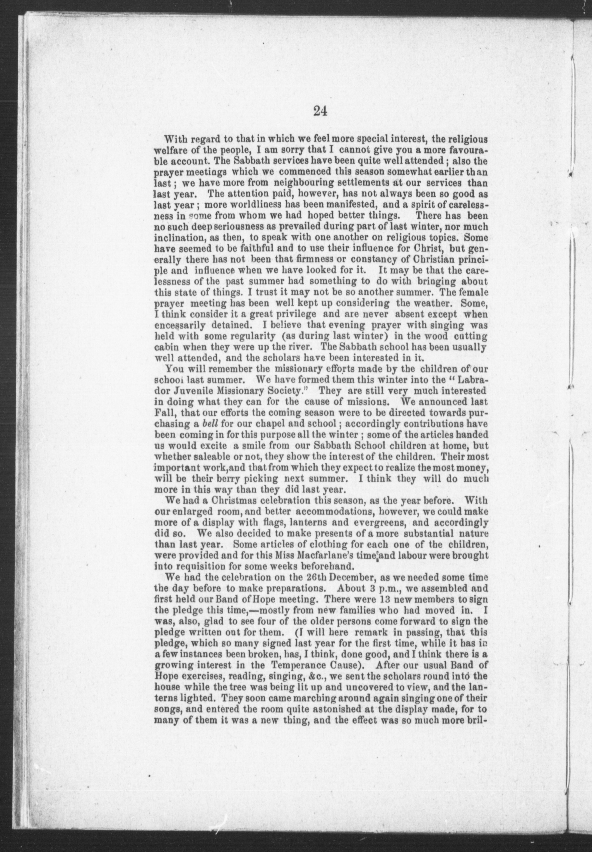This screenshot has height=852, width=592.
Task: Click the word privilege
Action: tap(293, 314)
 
